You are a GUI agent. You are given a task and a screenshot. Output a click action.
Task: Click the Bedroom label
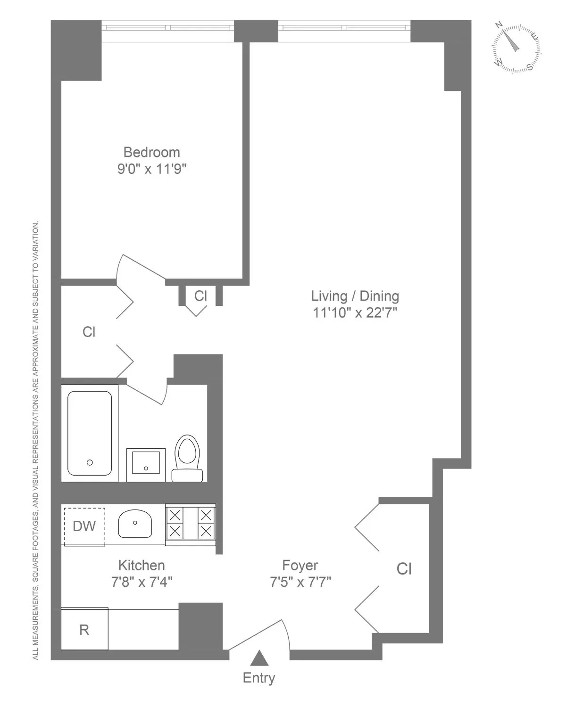(151, 152)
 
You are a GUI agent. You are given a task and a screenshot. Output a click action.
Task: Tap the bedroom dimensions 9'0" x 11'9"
(152, 169)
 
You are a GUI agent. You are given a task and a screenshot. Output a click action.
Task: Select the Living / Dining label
(355, 296)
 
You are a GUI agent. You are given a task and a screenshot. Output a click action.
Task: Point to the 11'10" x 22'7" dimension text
(355, 312)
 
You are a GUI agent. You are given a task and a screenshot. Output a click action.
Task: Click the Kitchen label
(142, 565)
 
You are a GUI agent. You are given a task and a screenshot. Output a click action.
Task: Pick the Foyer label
(300, 565)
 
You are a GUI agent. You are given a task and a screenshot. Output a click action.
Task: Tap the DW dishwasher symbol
(84, 526)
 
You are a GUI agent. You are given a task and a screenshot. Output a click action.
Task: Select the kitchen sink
(135, 524)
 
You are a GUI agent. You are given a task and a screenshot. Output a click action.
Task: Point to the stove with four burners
(190, 523)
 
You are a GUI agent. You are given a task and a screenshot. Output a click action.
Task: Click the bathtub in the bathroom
(90, 433)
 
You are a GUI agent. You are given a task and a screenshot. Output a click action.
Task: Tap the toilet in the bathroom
(187, 457)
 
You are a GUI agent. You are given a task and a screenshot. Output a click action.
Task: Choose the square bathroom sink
(146, 464)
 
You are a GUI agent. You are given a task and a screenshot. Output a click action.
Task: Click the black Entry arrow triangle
(259, 658)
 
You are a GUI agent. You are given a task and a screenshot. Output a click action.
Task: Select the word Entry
(259, 678)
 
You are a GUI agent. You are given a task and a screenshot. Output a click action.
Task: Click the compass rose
(516, 49)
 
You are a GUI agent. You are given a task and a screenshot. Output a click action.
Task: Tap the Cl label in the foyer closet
(404, 569)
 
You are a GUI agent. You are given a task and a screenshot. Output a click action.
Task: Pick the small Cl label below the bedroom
(200, 296)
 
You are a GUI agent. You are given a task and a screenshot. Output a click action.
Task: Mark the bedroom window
(168, 27)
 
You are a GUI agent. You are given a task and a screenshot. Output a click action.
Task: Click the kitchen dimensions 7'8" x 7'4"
(142, 582)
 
